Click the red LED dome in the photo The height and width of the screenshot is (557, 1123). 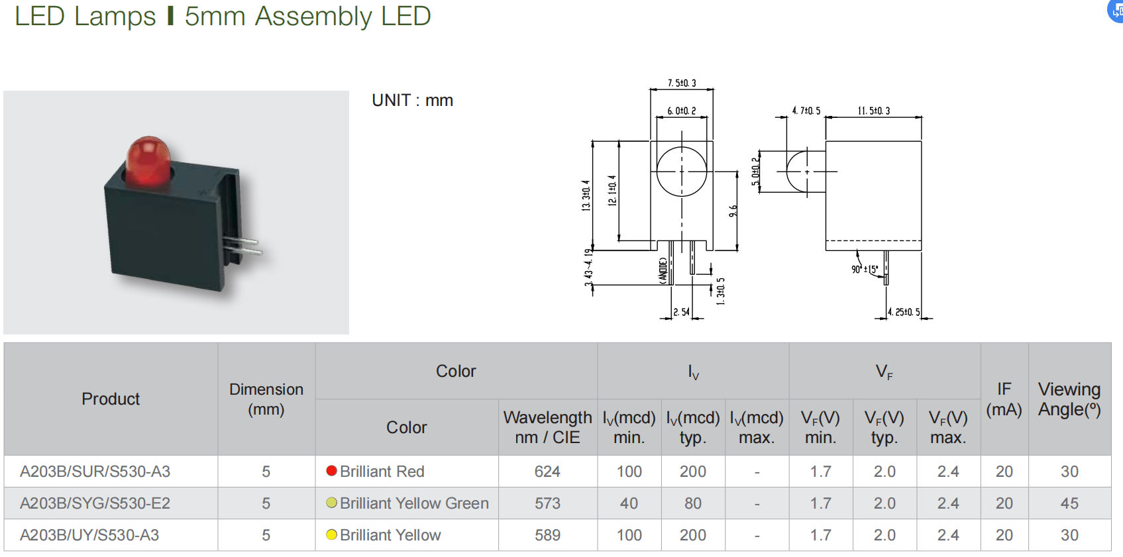tap(148, 160)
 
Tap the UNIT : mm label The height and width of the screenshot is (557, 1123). tap(412, 101)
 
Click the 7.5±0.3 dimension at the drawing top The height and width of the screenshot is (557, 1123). tap(682, 83)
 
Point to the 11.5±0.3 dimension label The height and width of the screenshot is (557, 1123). tap(873, 111)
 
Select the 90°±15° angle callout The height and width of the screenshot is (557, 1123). tap(865, 270)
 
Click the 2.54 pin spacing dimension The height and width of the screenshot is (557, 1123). tap(681, 311)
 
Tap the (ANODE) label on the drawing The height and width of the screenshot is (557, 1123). tap(663, 271)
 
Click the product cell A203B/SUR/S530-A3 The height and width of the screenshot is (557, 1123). tap(95, 472)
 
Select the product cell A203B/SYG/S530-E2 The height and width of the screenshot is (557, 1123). tap(95, 503)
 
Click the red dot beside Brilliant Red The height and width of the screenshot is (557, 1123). tap(332, 471)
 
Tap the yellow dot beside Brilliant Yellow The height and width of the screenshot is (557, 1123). tap(332, 534)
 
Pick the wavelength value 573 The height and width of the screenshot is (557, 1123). tap(547, 503)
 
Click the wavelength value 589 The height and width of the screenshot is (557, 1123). tap(547, 535)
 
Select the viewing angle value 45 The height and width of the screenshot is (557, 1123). tap(1069, 503)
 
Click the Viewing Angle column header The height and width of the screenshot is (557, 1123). tap(1069, 399)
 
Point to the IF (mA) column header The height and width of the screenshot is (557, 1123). tap(1004, 399)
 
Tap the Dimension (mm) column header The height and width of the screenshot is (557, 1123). tap(266, 399)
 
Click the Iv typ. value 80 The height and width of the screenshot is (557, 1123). tap(692, 503)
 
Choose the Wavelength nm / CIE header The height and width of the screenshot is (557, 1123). tap(547, 427)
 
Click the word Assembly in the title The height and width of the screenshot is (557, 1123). tap(313, 16)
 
